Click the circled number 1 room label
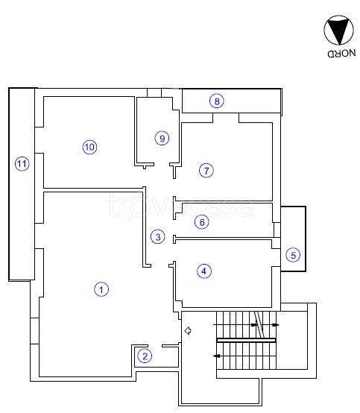point(101,290)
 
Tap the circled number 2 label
point(145,356)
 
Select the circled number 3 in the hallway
point(158,237)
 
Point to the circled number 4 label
point(204,271)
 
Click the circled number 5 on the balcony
point(293,255)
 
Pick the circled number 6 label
point(202,222)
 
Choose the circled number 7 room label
point(206,171)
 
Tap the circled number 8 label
point(217,101)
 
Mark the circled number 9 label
point(162,138)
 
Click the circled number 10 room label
point(89,147)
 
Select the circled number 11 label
point(22,164)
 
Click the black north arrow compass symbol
point(338,31)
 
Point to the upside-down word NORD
point(342,54)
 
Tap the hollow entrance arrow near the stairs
point(188,330)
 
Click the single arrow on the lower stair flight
point(217,356)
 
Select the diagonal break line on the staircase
point(259,324)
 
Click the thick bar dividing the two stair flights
point(246,340)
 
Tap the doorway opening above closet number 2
point(155,346)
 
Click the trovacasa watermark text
point(180,207)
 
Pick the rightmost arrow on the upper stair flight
point(275,325)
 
